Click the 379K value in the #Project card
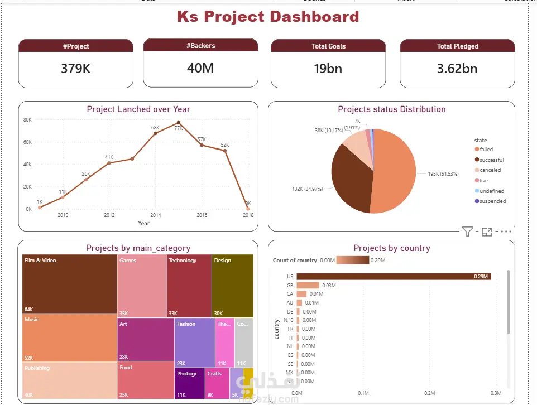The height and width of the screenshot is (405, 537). (x=75, y=69)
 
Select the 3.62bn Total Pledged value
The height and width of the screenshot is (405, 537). (x=457, y=69)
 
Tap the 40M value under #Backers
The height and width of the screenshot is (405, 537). (x=200, y=68)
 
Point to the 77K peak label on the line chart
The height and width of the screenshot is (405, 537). (x=179, y=128)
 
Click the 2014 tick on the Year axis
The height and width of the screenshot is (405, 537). (x=155, y=215)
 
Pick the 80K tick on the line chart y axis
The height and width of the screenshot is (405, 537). (x=27, y=120)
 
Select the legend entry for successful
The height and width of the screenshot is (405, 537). (x=491, y=160)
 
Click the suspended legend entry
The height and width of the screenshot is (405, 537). (x=492, y=201)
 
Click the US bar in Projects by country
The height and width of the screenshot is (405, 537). (x=394, y=276)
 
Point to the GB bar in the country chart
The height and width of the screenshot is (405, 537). (x=308, y=285)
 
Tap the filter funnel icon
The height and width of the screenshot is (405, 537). (x=467, y=232)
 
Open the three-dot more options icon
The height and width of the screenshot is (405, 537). (x=506, y=232)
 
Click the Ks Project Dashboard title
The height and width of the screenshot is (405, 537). (x=268, y=16)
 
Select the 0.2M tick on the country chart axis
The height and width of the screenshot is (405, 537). (x=429, y=393)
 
